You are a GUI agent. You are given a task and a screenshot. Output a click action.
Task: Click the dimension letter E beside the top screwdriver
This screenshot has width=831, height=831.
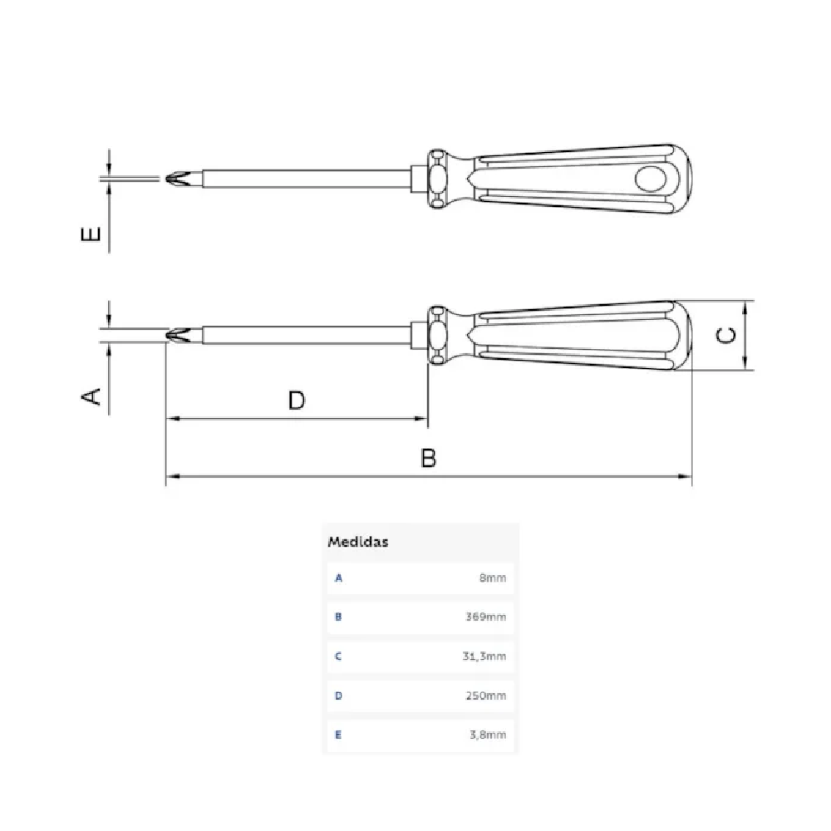(x=91, y=234)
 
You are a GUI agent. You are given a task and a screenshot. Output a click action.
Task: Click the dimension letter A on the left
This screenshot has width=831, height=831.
(x=91, y=396)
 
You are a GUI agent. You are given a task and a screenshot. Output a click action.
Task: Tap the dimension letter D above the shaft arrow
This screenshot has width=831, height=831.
(x=297, y=401)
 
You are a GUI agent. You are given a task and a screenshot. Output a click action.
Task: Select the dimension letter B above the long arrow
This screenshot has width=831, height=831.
(x=428, y=458)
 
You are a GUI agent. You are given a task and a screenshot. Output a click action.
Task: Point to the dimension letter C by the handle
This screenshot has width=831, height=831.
(x=726, y=335)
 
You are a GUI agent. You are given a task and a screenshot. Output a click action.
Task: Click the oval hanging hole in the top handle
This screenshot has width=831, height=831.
(x=651, y=179)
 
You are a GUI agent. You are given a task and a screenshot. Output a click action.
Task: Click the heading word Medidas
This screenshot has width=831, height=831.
(x=357, y=542)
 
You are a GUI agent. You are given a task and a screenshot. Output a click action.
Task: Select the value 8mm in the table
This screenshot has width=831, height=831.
(x=493, y=578)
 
